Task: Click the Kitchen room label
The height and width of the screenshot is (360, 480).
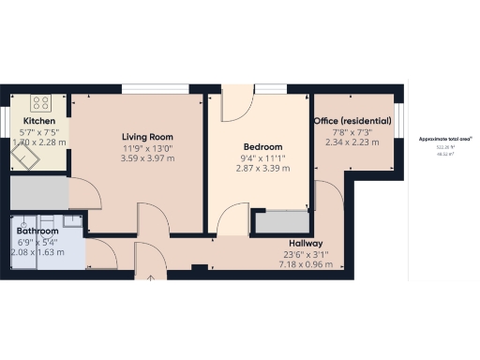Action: pyautogui.click(x=39, y=122)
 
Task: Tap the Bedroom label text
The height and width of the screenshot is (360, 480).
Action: pyautogui.click(x=262, y=147)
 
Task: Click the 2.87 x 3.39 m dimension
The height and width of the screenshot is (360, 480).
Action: pyautogui.click(x=262, y=169)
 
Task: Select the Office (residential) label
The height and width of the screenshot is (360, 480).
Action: pyautogui.click(x=352, y=121)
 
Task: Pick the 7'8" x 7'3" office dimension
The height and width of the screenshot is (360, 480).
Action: pyautogui.click(x=352, y=132)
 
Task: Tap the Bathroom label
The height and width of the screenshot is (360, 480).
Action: pyautogui.click(x=37, y=232)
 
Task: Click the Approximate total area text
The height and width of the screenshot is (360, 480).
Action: pyautogui.click(x=444, y=140)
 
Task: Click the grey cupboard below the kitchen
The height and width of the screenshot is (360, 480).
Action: pyautogui.click(x=40, y=192)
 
